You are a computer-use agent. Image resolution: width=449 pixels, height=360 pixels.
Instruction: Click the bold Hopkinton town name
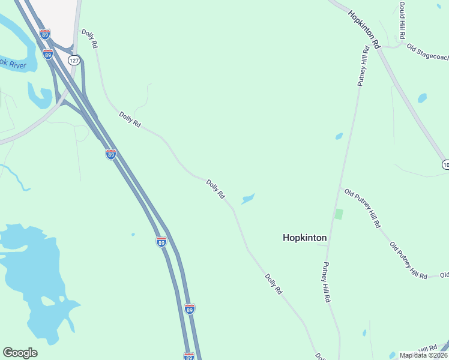coord(304,238)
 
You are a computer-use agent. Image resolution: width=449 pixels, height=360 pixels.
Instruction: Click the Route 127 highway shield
coord(74,61)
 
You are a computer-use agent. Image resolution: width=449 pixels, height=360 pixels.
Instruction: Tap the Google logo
coord(20,353)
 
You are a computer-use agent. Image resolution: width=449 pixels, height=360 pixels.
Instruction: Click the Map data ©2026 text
coord(424,355)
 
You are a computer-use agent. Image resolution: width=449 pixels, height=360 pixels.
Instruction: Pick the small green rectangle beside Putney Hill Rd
coord(339,214)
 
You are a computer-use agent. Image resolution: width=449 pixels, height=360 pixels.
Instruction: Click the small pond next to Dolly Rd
coord(248,198)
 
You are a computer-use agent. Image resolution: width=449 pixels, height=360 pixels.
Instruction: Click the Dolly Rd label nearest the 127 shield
coord(89,38)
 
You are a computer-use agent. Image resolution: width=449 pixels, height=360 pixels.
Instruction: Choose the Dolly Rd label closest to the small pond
coord(215,189)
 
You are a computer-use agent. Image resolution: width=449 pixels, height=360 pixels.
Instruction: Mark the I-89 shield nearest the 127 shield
coord(48,55)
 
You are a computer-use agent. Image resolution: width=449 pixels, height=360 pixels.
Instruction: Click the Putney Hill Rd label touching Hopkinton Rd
coord(363,65)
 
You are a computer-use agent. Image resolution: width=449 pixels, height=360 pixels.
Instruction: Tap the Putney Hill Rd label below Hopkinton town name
coord(327,282)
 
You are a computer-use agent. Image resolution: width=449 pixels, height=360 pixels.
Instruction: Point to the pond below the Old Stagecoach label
coord(422,97)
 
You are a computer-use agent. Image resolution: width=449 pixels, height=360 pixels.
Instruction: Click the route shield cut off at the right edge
coord(445,164)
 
